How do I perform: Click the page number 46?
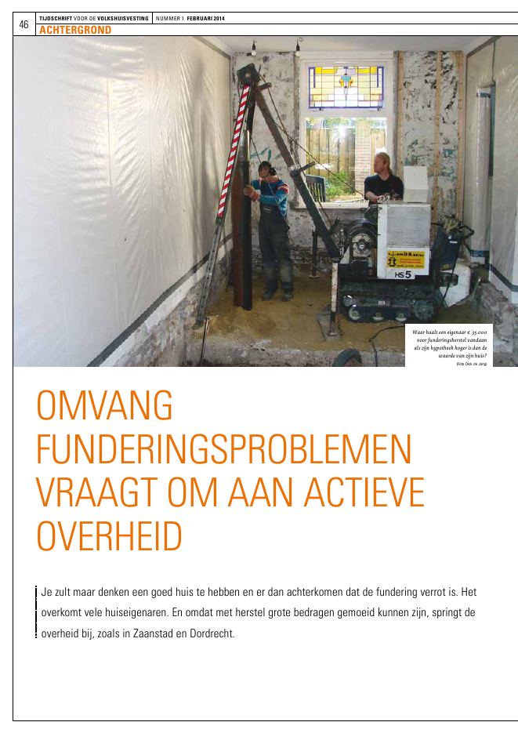click(24, 24)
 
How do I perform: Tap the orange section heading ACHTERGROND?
click(74, 30)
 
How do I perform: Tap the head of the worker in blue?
click(265, 169)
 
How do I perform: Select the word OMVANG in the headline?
click(104, 408)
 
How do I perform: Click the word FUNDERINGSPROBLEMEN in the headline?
click(224, 450)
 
